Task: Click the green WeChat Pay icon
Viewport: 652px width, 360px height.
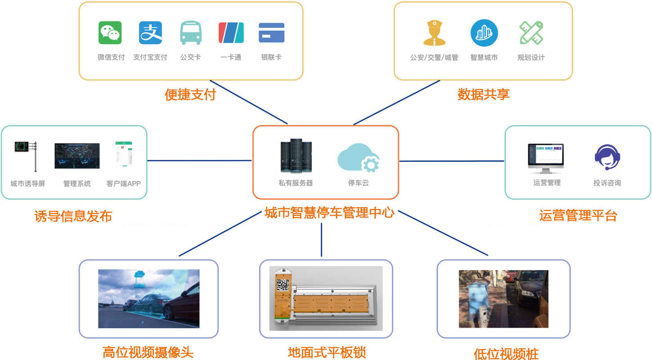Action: click(110, 33)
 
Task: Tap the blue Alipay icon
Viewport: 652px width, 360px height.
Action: click(150, 33)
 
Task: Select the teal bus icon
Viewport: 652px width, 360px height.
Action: click(191, 33)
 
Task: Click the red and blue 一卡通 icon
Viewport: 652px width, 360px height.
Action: click(231, 33)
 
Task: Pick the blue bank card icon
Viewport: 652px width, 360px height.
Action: click(272, 33)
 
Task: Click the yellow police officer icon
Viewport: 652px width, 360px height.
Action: click(434, 33)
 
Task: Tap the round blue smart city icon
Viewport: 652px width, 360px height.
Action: click(484, 33)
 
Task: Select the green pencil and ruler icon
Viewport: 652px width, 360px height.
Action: click(531, 33)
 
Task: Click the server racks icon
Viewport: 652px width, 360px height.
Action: click(295, 156)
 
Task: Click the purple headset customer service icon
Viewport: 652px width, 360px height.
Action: click(607, 157)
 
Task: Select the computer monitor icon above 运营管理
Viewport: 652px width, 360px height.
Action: click(546, 159)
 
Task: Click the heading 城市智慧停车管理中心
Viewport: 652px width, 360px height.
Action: click(329, 212)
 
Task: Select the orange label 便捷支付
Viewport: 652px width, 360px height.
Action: click(190, 95)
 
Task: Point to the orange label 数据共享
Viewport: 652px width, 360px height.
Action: click(483, 95)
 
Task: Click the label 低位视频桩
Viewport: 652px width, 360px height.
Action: click(506, 354)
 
